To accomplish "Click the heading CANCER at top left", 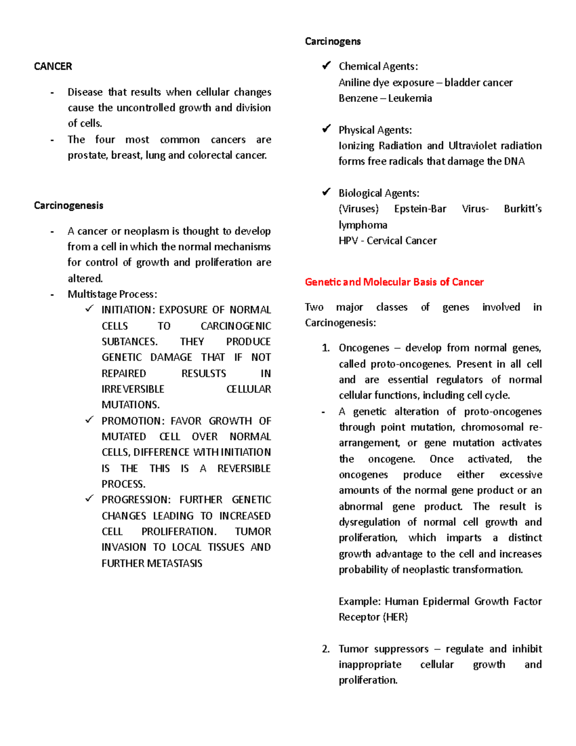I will click(53, 66).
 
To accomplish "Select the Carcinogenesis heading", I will click(69, 206).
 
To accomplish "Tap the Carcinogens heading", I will click(333, 41).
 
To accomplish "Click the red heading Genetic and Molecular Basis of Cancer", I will click(394, 282).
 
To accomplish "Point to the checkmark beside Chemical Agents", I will click(326, 65).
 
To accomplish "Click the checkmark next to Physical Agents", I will click(326, 129).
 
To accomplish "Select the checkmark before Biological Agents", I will click(326, 192).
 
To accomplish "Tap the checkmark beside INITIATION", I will click(89, 309).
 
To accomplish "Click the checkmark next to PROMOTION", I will click(89, 420).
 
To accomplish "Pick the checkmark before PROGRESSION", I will click(89, 499).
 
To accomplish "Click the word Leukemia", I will click(410, 98).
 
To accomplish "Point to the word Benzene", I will click(358, 98).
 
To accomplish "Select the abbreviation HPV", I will click(348, 241).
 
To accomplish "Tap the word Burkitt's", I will click(522, 209).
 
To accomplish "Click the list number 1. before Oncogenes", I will click(326, 348).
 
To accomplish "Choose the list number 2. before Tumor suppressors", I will click(326, 649).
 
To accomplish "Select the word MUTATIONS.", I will click(130, 405).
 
